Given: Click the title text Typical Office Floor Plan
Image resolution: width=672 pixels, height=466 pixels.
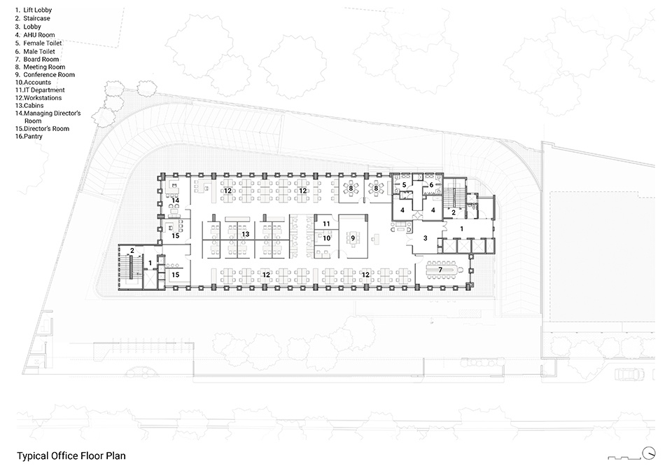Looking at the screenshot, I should click(71, 455).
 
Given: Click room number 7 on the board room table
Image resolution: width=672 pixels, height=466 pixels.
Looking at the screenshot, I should click(440, 269).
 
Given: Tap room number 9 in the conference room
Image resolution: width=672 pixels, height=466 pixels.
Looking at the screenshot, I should click(353, 238).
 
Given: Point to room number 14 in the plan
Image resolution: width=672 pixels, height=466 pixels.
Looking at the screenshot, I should click(176, 200).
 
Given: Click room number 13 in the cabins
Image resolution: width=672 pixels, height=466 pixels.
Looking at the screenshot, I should click(245, 235).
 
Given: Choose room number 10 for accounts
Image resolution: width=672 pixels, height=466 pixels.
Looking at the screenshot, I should click(325, 239).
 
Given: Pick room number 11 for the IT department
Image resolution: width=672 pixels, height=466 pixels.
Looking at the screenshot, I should click(325, 224).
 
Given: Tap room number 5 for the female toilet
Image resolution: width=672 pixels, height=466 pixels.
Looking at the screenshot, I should click(404, 185).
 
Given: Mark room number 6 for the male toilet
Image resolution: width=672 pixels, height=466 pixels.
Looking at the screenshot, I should click(431, 185).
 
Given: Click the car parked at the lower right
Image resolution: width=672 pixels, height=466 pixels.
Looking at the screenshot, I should click(628, 374).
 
